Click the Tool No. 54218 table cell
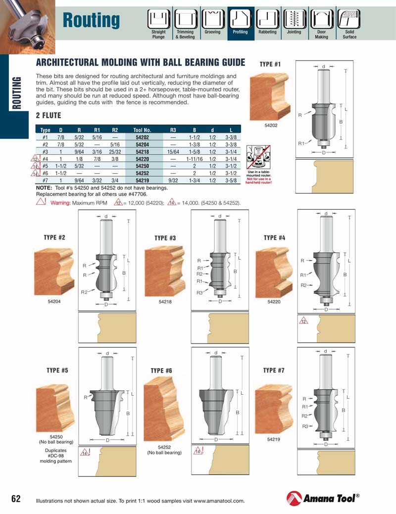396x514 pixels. pos(142,152)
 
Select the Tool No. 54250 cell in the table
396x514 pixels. pos(142,166)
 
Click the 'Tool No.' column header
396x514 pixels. pos(142,130)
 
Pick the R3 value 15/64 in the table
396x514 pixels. pos(173,152)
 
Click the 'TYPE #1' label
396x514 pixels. pos(270,64)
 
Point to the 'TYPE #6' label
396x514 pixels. pos(161,371)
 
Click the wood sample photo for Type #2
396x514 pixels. pos(54,272)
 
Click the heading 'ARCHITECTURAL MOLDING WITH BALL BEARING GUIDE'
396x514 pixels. pos(141,62)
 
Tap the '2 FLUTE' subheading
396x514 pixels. pos(49,115)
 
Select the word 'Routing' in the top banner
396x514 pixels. pos(92,20)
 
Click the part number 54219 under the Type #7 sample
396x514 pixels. pos(274,439)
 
